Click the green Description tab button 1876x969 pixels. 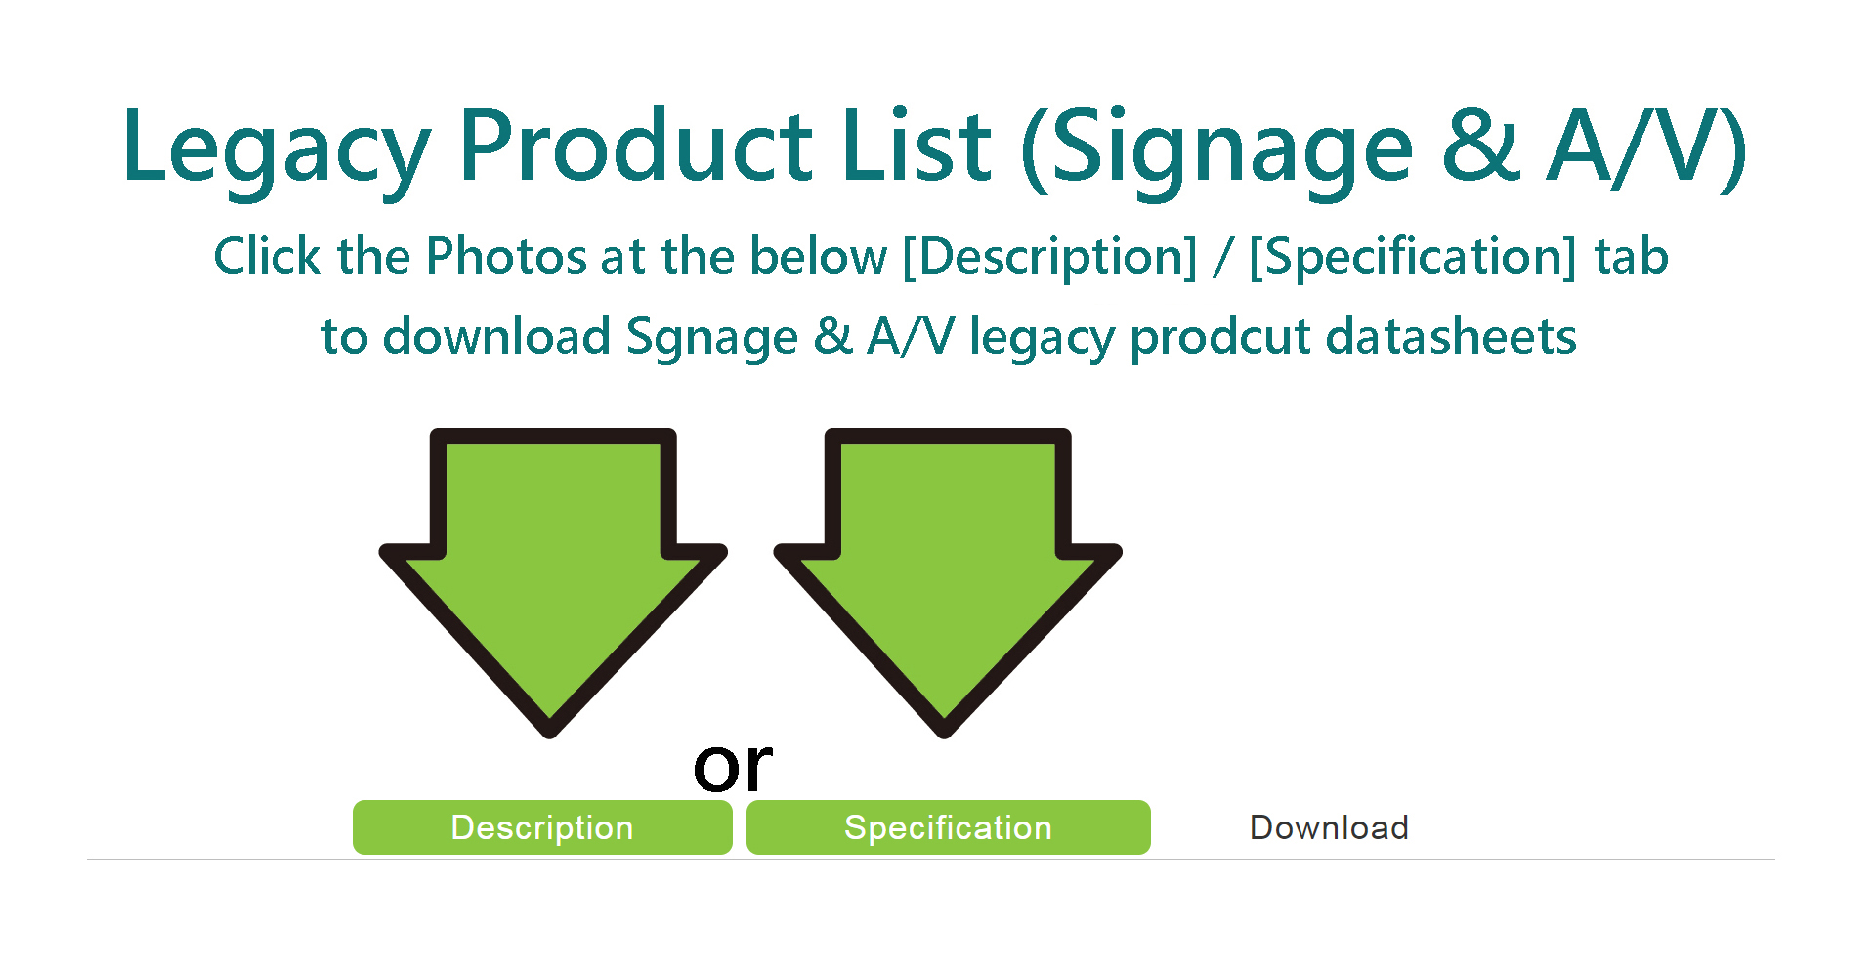542,827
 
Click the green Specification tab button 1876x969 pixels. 949,827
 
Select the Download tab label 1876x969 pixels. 1329,828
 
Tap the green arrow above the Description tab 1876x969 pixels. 552,582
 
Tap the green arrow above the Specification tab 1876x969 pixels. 947,582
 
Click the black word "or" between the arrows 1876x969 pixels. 733,766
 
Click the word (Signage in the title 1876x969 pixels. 1217,150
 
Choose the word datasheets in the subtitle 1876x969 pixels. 1451,336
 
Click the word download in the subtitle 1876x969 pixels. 497,336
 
